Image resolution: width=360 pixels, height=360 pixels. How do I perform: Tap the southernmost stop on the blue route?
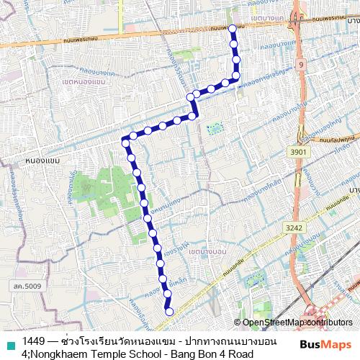(169, 312)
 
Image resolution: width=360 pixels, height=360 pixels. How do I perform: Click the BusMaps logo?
(325, 343)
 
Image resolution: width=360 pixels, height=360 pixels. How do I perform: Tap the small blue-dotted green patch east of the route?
(215, 130)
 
